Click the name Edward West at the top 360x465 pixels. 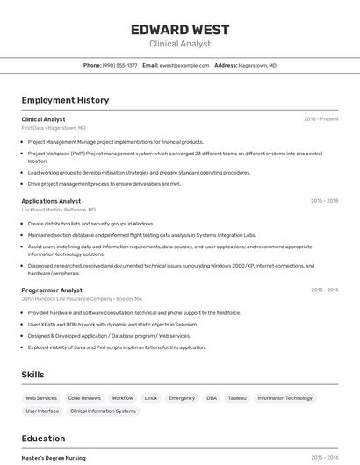pos(179,29)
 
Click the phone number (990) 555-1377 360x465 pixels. pos(119,65)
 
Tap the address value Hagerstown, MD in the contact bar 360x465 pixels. pos(258,65)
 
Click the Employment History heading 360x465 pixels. pos(65,100)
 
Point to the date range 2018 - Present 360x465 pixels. pos(320,119)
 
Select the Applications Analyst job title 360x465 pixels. pos(51,201)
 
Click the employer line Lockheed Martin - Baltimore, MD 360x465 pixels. pos(59,210)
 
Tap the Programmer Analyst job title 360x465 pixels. pos(52,290)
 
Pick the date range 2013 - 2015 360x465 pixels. pos(324,290)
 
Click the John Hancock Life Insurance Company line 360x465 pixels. pos(82,299)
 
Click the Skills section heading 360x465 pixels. pos(32,375)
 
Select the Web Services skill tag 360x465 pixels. pos(41,398)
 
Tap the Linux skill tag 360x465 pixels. pos(151,398)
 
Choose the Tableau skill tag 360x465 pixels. pos(237,398)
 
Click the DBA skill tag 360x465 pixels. pos(212,398)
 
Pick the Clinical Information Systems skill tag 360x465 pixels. pos(103,411)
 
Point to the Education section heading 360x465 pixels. pos(43,439)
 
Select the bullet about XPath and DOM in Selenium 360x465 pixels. pos(112,324)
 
